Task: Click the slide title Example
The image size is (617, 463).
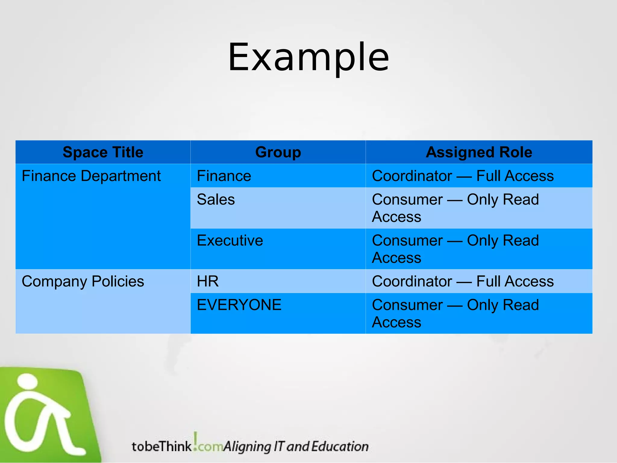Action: [x=308, y=57]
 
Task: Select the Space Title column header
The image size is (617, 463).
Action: [x=103, y=152]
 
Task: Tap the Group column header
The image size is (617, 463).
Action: [x=278, y=152]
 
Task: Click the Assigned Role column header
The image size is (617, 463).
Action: [x=479, y=152]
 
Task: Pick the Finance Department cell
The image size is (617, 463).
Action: [x=91, y=176]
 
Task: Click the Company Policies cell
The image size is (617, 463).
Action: [x=83, y=282]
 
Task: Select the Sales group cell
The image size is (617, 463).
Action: [x=216, y=200]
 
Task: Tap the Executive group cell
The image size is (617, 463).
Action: [x=230, y=241]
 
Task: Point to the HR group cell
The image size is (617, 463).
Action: [x=208, y=282]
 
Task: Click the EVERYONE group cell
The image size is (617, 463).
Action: [x=239, y=305]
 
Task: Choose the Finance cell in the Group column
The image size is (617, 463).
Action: [x=224, y=176]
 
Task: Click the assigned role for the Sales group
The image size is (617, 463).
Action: [x=455, y=208]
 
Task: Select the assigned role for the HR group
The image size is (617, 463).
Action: [x=463, y=282]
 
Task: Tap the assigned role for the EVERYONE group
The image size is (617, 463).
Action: [x=455, y=313]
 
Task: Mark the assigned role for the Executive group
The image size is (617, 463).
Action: [x=455, y=249]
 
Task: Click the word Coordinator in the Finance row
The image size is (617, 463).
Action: [x=412, y=176]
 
